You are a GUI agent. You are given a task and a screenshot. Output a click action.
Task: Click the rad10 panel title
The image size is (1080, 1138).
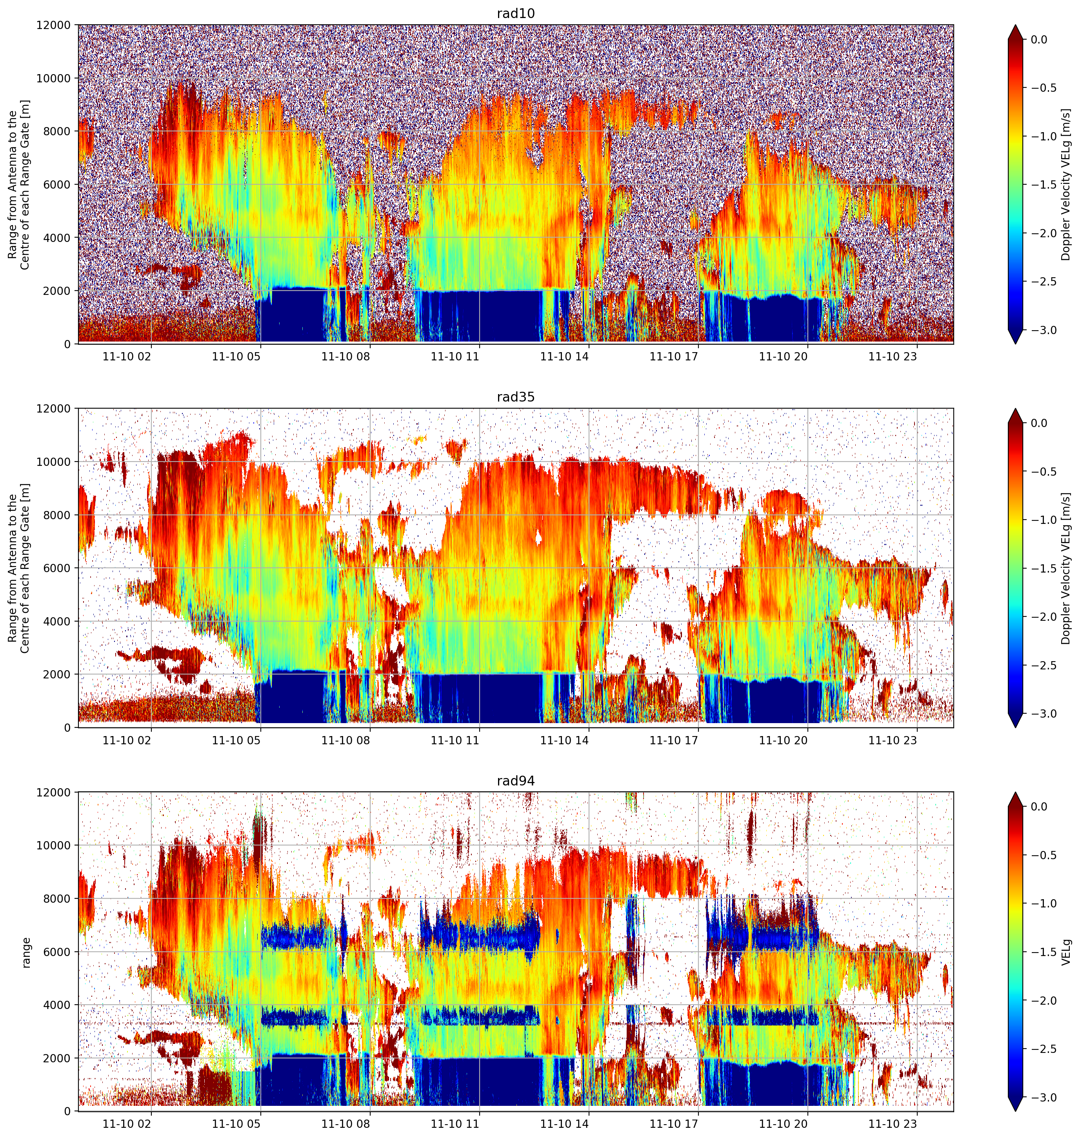[515, 14]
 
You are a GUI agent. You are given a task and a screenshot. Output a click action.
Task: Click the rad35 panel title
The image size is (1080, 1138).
[515, 397]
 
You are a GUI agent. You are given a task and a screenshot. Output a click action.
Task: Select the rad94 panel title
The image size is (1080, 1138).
[515, 781]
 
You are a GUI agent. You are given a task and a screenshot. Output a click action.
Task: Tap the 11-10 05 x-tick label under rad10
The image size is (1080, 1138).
[236, 356]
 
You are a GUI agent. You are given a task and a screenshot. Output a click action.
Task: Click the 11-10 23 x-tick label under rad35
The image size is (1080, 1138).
[892, 740]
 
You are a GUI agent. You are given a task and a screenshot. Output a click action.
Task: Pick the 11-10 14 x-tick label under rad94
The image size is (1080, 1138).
[564, 1123]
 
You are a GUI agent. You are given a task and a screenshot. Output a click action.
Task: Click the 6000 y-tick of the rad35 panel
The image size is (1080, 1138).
[58, 568]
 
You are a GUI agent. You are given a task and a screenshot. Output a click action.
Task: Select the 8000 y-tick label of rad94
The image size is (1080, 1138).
[58, 898]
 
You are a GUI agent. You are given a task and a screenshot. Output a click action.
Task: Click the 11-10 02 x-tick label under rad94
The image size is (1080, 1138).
[127, 1123]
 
